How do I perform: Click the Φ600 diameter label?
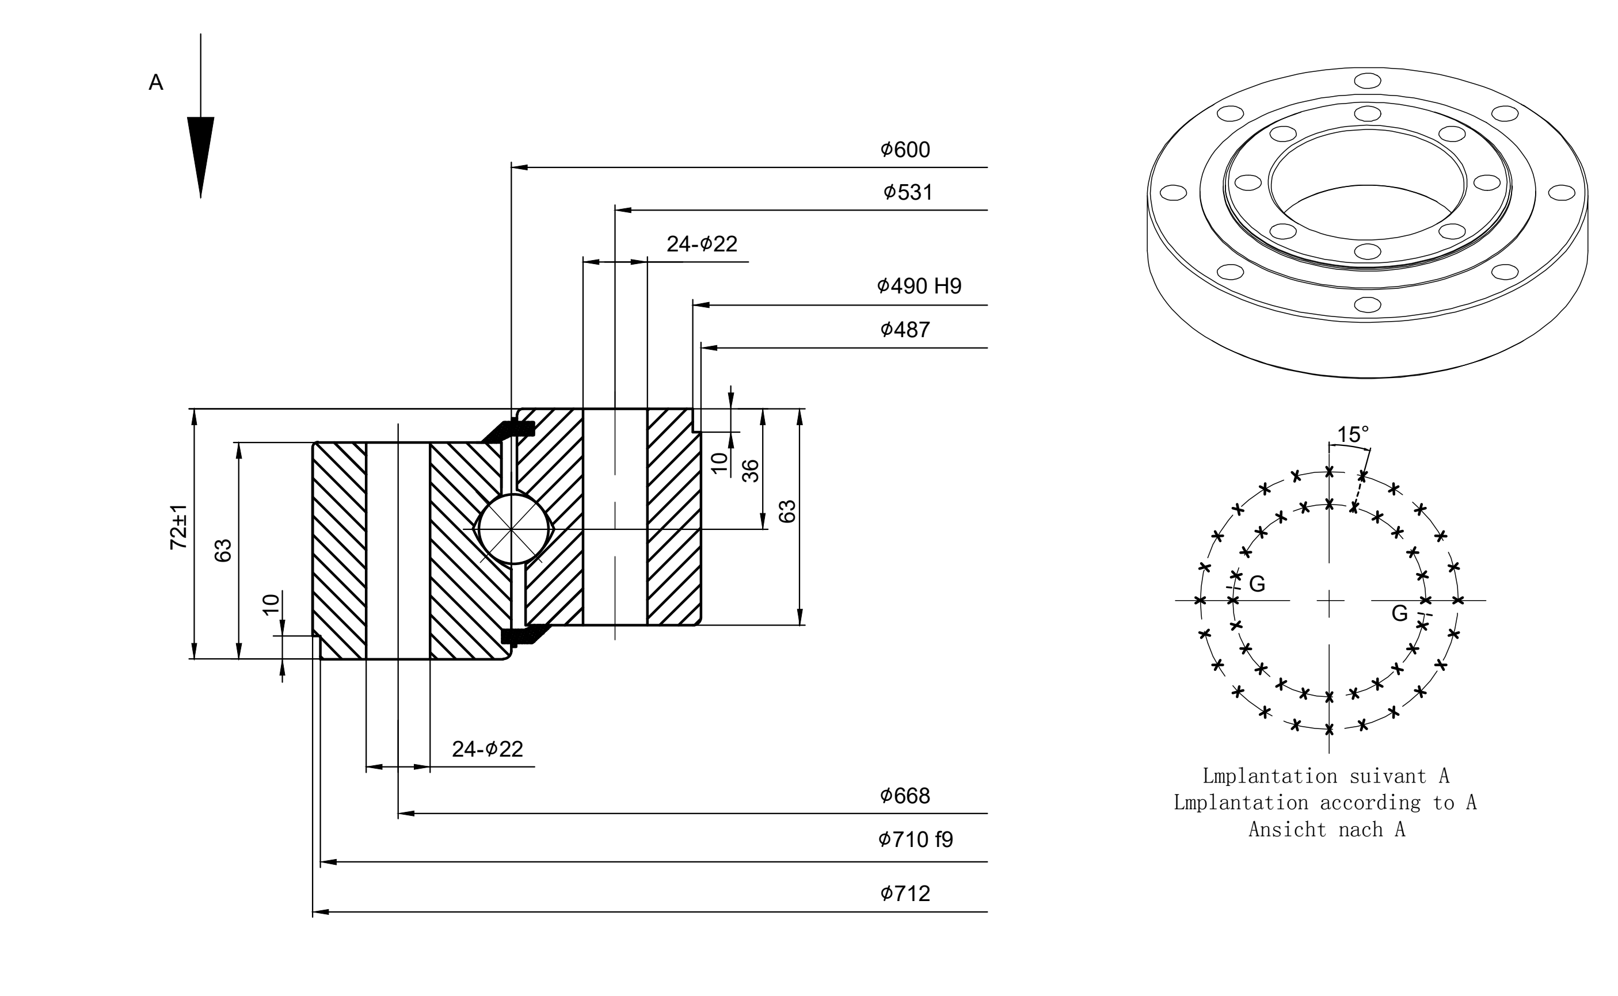[905, 150]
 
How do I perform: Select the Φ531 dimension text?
[908, 192]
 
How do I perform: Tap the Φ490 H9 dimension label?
[919, 286]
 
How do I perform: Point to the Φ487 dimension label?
[905, 329]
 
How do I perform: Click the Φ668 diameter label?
[905, 796]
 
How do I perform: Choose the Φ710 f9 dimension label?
[916, 839]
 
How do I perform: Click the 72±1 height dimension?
[178, 527]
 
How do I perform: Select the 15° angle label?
[1353, 435]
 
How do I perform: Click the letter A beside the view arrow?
[156, 82]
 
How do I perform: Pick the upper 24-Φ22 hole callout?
[702, 244]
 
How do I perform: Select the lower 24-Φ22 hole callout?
[488, 749]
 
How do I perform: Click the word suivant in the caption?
[1387, 776]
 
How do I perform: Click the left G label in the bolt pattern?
[1257, 583]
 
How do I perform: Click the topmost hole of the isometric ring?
[1368, 81]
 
